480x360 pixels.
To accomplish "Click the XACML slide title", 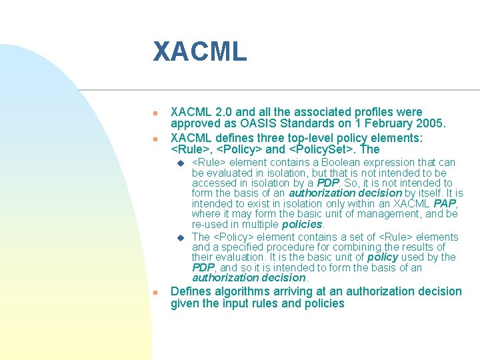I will (x=199, y=52).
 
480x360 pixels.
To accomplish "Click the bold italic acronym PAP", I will (x=445, y=203).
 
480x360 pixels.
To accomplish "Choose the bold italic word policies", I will (x=302, y=225).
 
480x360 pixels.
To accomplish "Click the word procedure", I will (x=296, y=247).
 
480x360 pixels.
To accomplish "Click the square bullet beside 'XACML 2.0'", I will (x=155, y=113).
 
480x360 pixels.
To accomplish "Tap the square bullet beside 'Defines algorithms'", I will (x=155, y=293).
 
